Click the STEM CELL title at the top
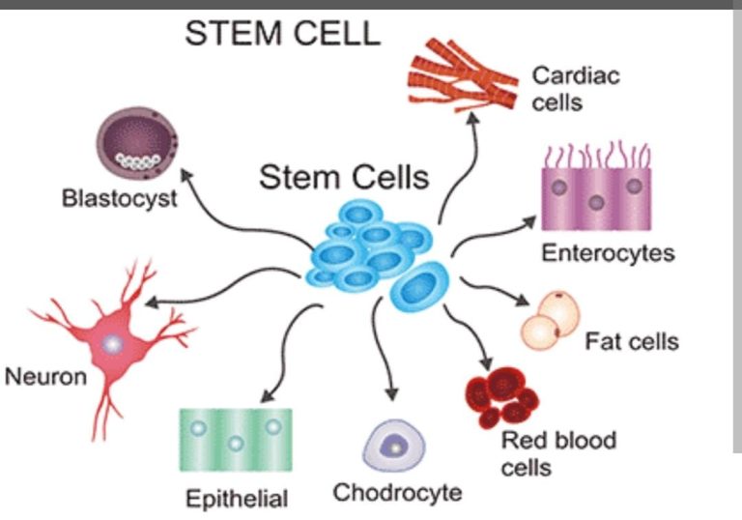[282, 34]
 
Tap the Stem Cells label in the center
[343, 178]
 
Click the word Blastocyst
[119, 200]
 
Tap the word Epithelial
[237, 499]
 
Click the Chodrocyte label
[397, 493]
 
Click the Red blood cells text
[557, 454]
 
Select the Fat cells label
[631, 341]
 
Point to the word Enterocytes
[607, 254]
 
